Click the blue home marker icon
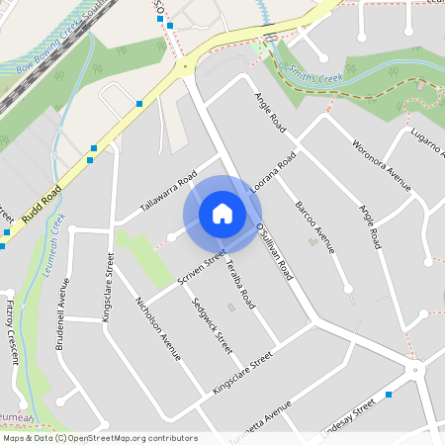click(x=222, y=214)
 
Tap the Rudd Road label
click(x=42, y=203)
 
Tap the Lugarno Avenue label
click(x=422, y=148)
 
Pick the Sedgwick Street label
click(x=213, y=326)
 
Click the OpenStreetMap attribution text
click(x=100, y=438)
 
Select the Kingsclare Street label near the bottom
click(x=241, y=376)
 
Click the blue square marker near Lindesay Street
click(x=390, y=395)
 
